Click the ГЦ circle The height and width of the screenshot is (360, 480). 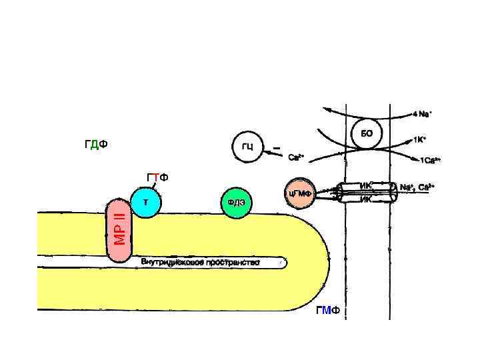tap(247, 147)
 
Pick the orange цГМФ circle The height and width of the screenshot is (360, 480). tap(300, 193)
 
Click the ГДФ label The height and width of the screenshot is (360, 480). tap(97, 145)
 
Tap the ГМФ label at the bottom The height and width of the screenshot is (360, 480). tap(328, 311)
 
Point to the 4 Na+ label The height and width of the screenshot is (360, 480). tap(421, 114)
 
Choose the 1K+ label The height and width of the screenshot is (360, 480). tap(419, 141)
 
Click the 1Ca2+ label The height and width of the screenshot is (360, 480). tap(429, 161)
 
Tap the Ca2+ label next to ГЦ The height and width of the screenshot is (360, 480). tap(296, 158)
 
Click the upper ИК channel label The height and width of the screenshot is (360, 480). tap(366, 185)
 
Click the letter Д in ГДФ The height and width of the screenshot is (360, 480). tap(96, 145)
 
